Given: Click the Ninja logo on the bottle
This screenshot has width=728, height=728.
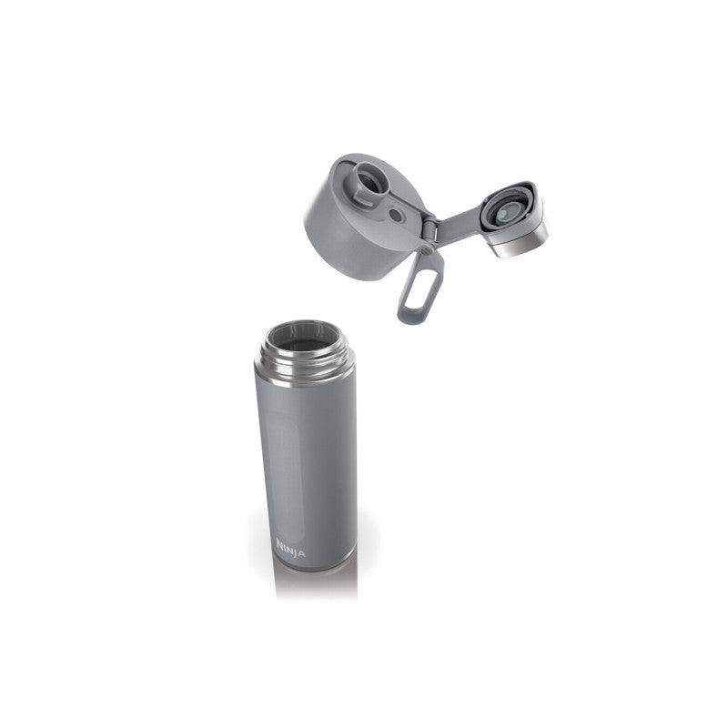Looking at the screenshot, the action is [x=290, y=549].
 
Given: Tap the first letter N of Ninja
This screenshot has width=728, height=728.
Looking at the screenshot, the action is [x=280, y=543].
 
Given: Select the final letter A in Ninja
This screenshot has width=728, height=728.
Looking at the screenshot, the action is [x=302, y=553].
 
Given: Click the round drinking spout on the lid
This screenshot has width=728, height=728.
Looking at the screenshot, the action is [x=369, y=178].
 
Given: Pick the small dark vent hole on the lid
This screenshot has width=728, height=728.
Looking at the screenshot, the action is [x=396, y=215].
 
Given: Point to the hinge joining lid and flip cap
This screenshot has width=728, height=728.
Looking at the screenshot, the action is [x=430, y=231].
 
